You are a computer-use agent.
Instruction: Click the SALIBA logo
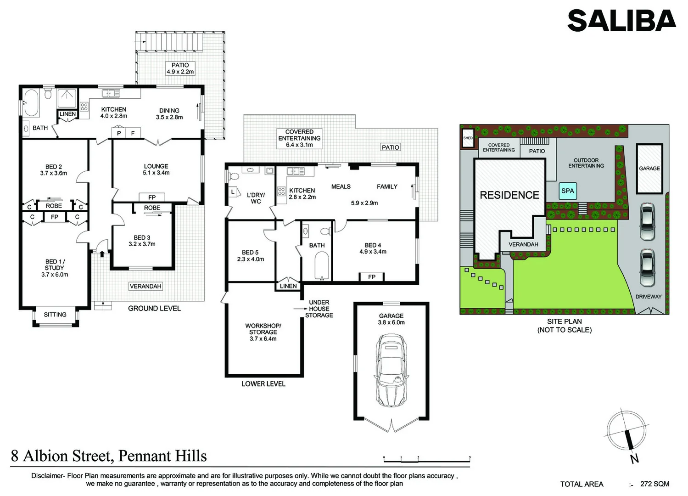(621, 21)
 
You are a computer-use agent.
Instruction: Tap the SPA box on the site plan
(568, 191)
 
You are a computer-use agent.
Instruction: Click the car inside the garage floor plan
(391, 370)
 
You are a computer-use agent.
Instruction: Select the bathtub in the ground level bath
(31, 103)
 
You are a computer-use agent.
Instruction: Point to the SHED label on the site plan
(468, 138)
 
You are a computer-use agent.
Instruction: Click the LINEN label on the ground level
(67, 114)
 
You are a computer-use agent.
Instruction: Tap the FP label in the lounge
(152, 197)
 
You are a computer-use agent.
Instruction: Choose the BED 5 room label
(251, 256)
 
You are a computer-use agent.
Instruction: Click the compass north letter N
(634, 458)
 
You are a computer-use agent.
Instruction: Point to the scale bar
(427, 459)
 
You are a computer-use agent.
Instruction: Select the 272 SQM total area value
(654, 484)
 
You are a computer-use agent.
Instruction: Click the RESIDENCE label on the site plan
(509, 195)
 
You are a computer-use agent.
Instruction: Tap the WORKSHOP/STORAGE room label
(263, 332)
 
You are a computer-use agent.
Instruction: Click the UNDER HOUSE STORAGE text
(319, 309)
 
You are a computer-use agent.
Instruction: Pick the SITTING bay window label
(55, 315)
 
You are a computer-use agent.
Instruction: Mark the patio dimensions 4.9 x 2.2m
(180, 72)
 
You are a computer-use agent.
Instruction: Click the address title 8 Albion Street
(109, 456)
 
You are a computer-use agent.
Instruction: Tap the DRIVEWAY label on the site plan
(648, 297)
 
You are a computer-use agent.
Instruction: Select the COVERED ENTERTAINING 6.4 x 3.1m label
(299, 138)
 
